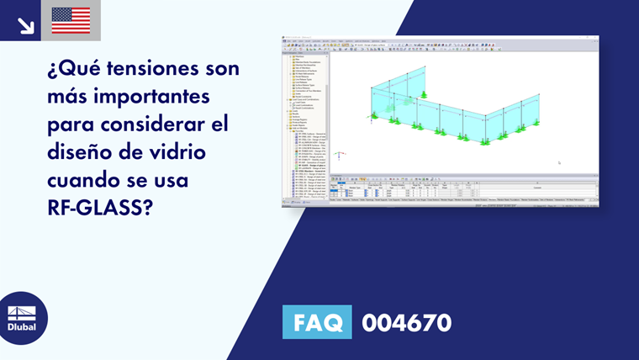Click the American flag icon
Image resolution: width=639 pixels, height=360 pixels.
71,20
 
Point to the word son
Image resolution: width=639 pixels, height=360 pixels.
223,68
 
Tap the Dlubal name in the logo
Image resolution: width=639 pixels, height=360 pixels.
22,326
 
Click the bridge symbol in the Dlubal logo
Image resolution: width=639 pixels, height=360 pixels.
22,310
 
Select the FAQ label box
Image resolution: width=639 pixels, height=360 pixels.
318,322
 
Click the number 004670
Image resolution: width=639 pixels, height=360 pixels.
406,322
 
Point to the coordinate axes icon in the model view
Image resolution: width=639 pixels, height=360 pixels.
338,155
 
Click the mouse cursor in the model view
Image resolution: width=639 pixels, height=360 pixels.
559,163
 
